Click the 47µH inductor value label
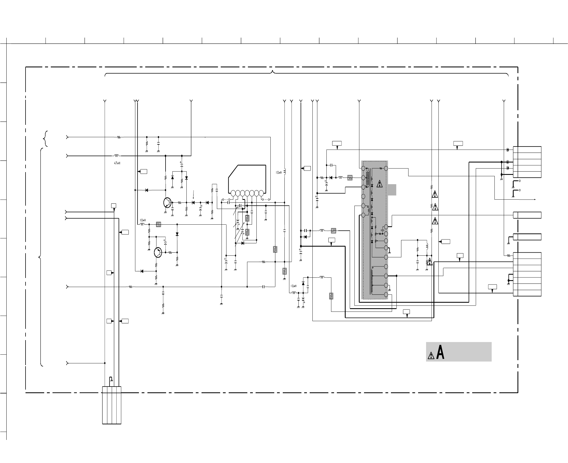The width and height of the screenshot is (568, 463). (117, 163)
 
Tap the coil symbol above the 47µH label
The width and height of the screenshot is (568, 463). (117, 156)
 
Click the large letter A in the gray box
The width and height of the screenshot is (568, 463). (440, 352)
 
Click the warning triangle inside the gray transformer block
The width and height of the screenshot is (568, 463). (379, 184)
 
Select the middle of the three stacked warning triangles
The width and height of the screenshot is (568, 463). (435, 207)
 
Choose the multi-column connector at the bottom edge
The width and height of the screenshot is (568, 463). (112, 405)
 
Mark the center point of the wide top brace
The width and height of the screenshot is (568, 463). (272, 72)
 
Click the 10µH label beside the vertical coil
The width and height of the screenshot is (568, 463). (279, 173)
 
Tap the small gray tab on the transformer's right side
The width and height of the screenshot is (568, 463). (392, 190)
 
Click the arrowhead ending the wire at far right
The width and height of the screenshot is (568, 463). (535, 200)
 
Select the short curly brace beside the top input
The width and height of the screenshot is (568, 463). (46, 139)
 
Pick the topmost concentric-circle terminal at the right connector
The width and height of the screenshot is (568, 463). (508, 150)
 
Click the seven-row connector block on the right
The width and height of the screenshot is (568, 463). (527, 274)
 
